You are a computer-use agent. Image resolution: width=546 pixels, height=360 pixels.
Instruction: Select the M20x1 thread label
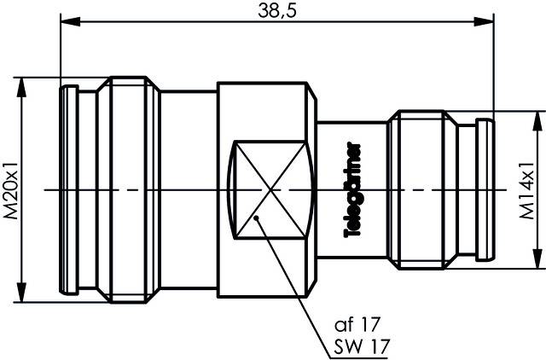coord(12,189)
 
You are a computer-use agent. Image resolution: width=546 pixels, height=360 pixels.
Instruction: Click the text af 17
coord(355,324)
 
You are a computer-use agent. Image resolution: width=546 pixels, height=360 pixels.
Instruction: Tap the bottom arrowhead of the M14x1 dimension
coord(536,262)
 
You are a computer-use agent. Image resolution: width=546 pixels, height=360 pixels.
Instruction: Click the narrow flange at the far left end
coord(69,189)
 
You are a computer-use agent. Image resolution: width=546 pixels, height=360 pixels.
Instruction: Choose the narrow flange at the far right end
coord(484,189)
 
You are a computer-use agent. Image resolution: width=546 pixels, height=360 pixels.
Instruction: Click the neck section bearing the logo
coord(341,189)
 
